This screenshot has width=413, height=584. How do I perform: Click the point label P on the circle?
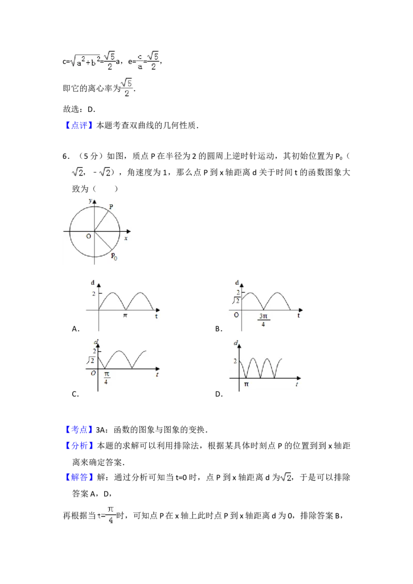[x=112, y=206]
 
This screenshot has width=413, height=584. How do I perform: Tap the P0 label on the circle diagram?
[x=114, y=256]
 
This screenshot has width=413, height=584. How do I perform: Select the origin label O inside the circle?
[x=89, y=236]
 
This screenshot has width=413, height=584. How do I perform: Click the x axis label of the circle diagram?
[x=126, y=238]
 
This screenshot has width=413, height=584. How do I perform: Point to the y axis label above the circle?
[x=90, y=200]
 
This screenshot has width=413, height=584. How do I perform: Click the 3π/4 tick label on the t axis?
[x=263, y=320]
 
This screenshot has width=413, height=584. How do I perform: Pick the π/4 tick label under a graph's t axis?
[x=106, y=378]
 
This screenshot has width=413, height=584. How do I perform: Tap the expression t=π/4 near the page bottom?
[x=107, y=515]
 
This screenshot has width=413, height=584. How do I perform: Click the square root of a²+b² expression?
[x=85, y=63]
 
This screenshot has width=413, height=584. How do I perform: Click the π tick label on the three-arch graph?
[x=246, y=384]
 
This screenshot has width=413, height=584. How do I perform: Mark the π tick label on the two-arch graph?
[x=124, y=316]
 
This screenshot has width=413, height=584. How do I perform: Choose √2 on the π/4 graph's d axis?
[x=90, y=361]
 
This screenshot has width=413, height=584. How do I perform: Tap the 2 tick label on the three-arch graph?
[x=235, y=361]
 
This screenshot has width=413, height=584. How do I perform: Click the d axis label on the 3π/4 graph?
[x=237, y=283]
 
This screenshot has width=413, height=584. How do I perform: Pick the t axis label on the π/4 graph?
[x=156, y=376]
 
